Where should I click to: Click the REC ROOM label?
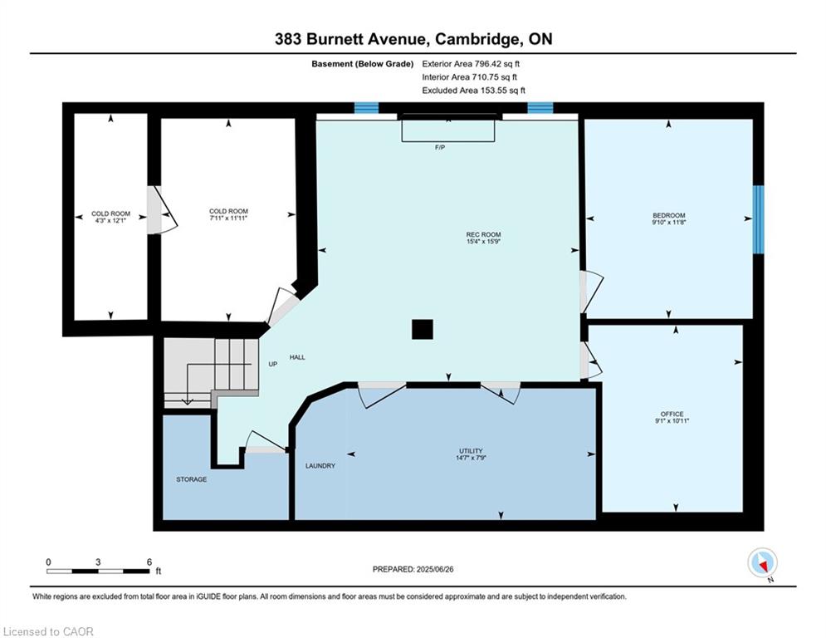(483, 234)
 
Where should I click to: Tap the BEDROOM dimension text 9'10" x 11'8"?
(668, 223)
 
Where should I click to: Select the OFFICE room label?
(672, 414)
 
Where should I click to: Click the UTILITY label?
(471, 451)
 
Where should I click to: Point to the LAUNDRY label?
(320, 465)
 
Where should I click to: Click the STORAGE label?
(191, 479)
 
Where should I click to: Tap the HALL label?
(297, 357)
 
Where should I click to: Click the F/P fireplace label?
(440, 147)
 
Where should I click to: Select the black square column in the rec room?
(423, 329)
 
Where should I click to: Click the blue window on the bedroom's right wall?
(758, 219)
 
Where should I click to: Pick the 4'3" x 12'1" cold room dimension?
(110, 220)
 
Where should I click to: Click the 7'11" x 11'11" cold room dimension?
(228, 218)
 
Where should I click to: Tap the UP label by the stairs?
(273, 364)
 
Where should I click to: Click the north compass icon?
(762, 563)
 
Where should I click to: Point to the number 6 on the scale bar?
(149, 562)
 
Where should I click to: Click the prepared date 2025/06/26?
(435, 569)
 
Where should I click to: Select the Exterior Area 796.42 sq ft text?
(471, 64)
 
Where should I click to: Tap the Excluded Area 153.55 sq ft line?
(473, 91)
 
